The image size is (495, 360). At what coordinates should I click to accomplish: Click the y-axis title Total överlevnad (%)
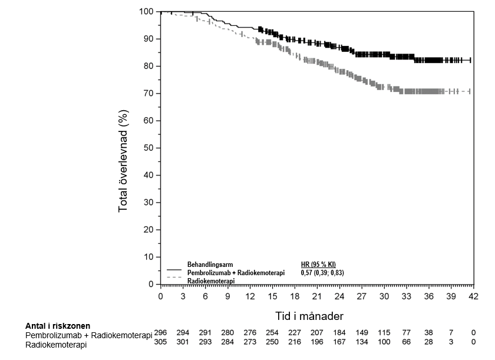point(124,148)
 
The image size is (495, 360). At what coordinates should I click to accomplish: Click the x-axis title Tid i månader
point(309,316)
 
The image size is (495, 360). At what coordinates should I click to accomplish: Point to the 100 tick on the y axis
point(147,12)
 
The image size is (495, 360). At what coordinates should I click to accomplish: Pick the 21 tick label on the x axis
point(316,296)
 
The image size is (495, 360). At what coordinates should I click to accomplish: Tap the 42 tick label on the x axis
point(473,296)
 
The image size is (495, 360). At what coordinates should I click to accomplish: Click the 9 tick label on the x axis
point(227,296)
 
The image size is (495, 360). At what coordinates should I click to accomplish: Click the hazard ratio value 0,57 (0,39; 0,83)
point(322,273)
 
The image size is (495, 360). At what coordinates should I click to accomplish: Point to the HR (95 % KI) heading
point(318,264)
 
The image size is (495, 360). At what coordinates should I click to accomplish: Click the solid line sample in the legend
point(174,269)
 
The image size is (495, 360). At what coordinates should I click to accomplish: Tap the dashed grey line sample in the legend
point(174,277)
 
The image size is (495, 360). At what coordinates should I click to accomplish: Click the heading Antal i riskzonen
point(58,325)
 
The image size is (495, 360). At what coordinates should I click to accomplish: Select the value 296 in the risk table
point(160,333)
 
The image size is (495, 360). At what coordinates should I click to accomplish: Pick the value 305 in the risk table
point(160,342)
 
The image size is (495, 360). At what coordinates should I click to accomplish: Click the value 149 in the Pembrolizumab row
point(361,333)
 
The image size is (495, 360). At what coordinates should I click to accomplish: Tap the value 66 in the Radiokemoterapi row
point(406,342)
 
